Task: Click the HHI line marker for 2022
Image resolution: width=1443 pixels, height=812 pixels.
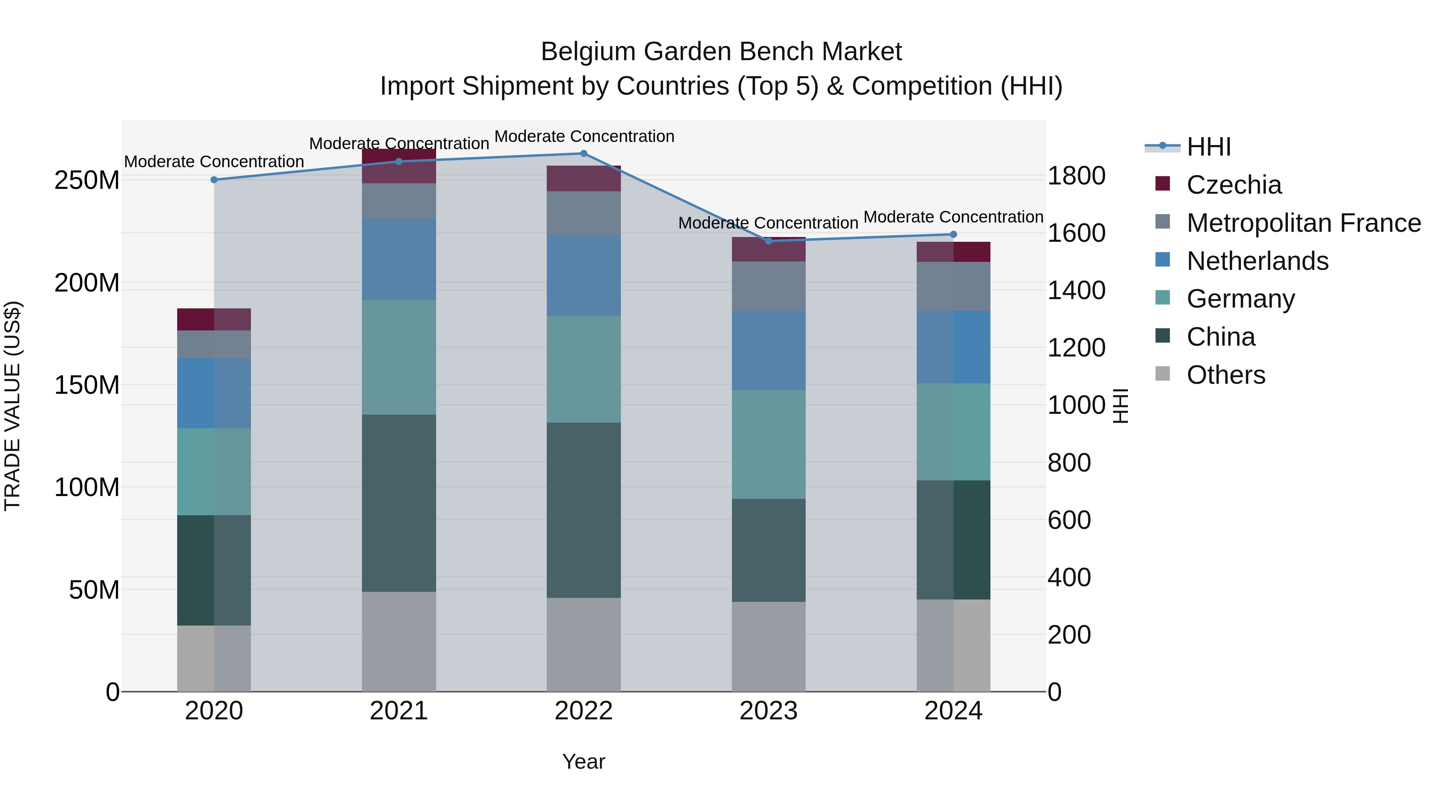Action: [583, 154]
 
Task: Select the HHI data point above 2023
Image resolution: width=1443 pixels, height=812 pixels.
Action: [768, 241]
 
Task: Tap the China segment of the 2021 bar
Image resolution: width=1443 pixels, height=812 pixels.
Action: [399, 503]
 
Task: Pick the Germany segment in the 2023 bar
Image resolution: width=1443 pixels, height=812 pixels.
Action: [768, 444]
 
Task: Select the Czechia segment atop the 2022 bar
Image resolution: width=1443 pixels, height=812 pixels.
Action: [583, 178]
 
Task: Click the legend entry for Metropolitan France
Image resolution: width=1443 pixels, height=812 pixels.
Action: [1303, 223]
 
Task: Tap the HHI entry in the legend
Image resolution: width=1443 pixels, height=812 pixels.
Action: [1208, 147]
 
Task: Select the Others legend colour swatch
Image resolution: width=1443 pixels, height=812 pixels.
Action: [1163, 374]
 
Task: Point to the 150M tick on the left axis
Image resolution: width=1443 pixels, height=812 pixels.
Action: [87, 385]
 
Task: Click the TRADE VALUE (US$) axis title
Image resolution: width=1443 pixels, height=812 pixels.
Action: [12, 406]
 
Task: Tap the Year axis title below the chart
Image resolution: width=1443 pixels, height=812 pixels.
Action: [583, 761]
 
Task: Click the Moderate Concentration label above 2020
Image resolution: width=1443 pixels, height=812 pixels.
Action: [214, 161]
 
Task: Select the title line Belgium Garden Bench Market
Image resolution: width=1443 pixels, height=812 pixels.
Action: [721, 52]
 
